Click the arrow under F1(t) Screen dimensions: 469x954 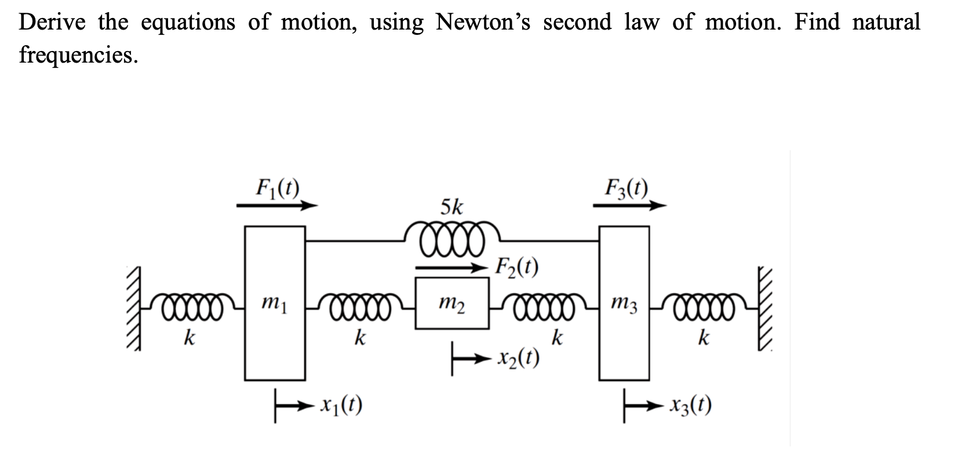[x=277, y=205]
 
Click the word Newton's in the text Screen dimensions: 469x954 [x=483, y=21]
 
